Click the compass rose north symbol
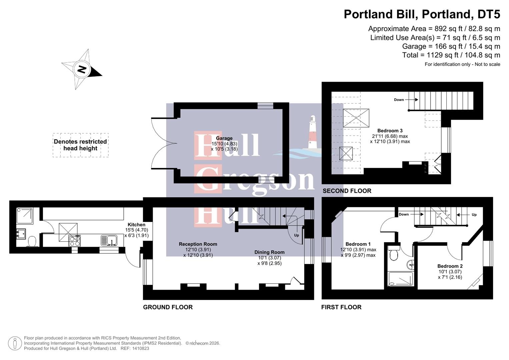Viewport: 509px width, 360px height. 81,69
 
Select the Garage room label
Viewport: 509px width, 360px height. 224,138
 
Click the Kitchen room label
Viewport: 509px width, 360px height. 136,225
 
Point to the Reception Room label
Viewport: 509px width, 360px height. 198,244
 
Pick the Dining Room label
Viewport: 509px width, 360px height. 269,252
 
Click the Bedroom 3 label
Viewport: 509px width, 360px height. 390,131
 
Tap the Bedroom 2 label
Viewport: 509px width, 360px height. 450,266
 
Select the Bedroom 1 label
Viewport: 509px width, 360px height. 358,244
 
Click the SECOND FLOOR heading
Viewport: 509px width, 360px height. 347,191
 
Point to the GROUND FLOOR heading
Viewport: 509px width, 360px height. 168,307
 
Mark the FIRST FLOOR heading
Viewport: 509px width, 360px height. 341,307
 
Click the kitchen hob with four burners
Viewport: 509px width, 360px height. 75,241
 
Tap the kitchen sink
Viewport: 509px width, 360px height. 109,240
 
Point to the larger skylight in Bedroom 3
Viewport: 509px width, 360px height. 356,118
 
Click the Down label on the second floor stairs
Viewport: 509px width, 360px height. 399,100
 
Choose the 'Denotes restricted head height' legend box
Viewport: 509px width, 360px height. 80,145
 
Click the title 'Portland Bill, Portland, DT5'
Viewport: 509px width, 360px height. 422,14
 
